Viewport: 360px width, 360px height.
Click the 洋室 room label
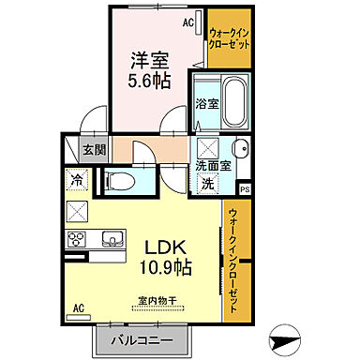point(150,59)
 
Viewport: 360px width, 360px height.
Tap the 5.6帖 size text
point(150,82)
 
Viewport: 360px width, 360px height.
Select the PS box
point(245,189)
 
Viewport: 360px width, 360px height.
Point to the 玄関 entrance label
point(93,148)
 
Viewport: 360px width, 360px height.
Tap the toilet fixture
point(120,180)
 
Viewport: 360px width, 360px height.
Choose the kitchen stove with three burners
point(77,238)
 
